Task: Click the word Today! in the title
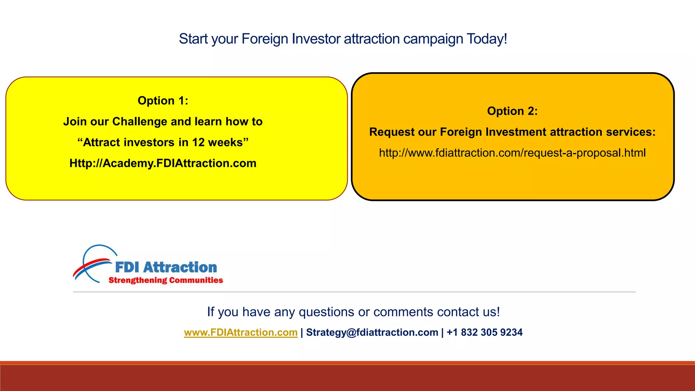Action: coord(487,39)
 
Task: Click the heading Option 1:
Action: coord(163,101)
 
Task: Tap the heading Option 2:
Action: coord(512,111)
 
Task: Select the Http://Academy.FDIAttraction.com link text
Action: coord(163,163)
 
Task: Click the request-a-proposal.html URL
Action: coord(512,153)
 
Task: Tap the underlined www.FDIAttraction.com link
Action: coord(241,332)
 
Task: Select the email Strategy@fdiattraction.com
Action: coord(372,332)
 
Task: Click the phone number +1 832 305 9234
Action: coord(485,332)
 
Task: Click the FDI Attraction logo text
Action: coord(166,267)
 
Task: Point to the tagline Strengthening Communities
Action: coord(166,280)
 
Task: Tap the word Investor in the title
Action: coord(316,39)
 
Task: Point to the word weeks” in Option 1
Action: coord(228,143)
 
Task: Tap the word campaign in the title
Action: coord(433,39)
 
